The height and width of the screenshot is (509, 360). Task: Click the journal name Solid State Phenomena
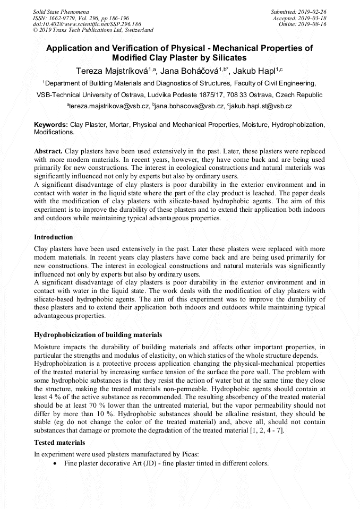[61, 11]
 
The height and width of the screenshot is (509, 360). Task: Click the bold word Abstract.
[48, 151]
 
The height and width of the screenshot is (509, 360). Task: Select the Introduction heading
[54, 237]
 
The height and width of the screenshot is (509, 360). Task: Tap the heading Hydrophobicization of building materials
[98, 335]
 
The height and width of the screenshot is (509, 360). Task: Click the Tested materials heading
[59, 442]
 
